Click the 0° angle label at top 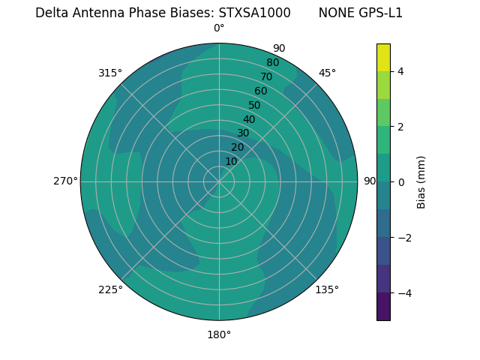tap(219, 28)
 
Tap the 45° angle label tap(327, 73)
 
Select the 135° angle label tap(327, 289)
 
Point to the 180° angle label tap(219, 334)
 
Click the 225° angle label tap(110, 289)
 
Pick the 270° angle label tap(65, 181)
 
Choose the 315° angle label tap(110, 73)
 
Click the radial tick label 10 tap(231, 161)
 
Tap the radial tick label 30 tap(243, 133)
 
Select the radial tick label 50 tap(254, 105)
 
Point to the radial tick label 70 tap(266, 76)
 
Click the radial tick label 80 tap(272, 63)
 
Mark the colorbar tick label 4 tap(400, 71)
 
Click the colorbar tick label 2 tap(400, 127)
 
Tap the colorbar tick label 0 tap(400, 182)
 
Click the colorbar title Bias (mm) tap(421, 182)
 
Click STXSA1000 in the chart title tap(254, 13)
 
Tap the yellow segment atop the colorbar tap(383, 57)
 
